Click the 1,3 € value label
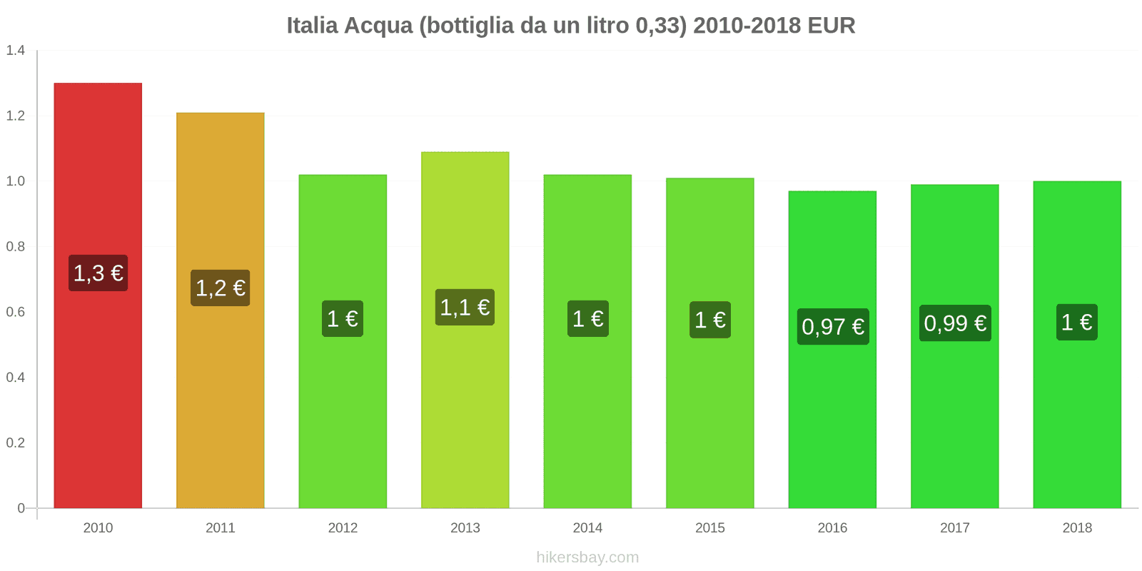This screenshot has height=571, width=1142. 98,273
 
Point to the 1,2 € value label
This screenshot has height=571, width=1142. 220,288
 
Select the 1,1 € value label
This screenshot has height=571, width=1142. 465,307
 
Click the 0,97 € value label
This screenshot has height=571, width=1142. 832,326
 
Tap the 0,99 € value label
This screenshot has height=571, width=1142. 955,323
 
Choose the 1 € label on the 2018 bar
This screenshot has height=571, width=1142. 1076,322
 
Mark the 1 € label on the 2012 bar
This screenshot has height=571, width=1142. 343,318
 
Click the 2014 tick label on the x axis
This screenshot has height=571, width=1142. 587,527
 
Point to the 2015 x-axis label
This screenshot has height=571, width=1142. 709,527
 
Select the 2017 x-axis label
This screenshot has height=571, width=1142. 954,527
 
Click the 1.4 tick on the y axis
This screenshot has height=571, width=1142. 16,51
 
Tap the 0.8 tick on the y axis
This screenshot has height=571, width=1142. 16,247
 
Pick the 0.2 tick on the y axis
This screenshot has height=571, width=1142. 16,443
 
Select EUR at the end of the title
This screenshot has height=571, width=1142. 831,26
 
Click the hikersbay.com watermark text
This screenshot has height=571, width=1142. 587,557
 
